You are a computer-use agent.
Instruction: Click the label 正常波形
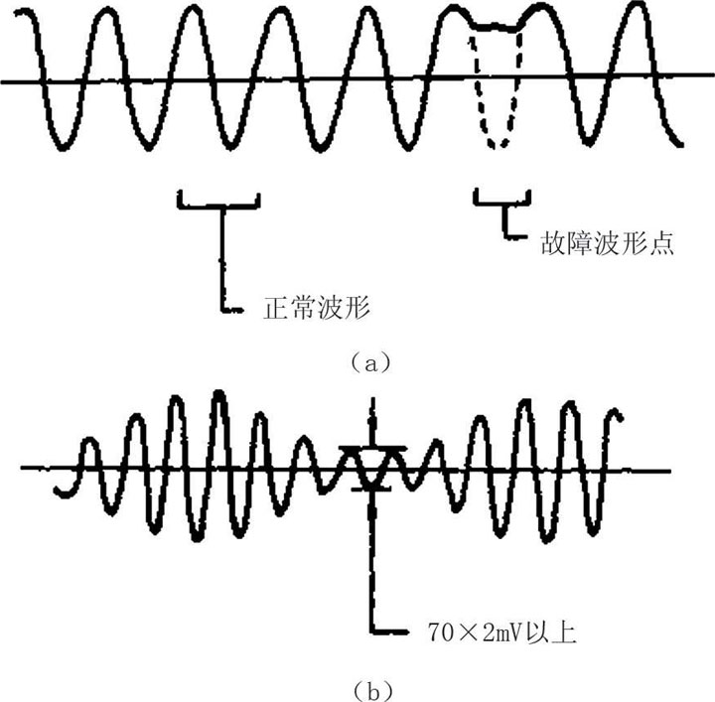317,307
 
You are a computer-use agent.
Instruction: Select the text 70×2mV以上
502,632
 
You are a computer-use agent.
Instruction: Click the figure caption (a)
371,363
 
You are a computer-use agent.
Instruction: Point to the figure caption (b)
372,691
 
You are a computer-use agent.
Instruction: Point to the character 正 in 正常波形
276,307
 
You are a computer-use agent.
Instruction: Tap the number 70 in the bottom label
441,632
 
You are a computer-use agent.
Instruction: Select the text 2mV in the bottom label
501,632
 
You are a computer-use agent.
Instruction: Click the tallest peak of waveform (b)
219,394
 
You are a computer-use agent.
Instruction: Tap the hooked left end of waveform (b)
62,491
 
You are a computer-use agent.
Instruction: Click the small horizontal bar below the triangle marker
371,490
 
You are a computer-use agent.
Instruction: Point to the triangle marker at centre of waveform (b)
372,466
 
